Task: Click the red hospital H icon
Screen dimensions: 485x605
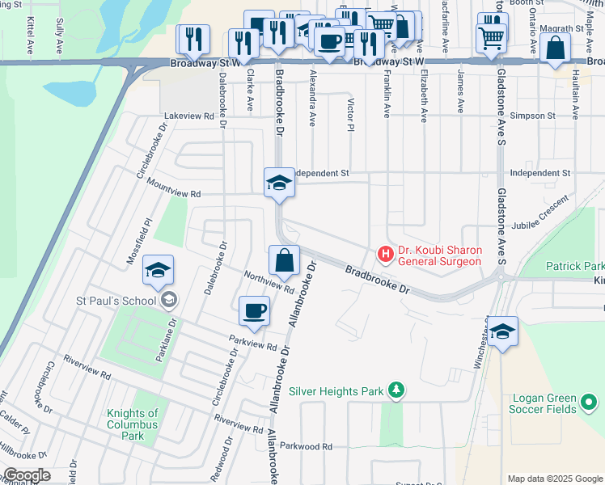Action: tap(386, 255)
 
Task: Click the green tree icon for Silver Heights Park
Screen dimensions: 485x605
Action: tap(396, 391)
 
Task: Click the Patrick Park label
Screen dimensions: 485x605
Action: tap(574, 266)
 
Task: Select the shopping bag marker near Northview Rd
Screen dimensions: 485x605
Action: tap(284, 260)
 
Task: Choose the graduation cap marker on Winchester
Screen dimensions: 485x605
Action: tap(502, 331)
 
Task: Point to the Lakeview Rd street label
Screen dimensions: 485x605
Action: tap(189, 116)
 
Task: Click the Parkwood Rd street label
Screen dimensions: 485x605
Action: tap(306, 446)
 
